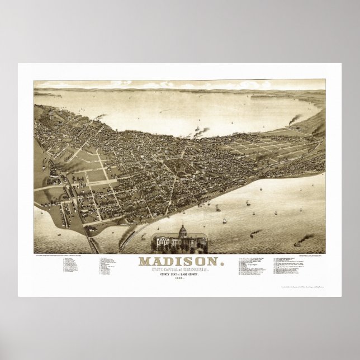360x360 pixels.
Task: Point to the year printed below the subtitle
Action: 180,279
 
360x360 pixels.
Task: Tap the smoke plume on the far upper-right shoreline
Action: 294,120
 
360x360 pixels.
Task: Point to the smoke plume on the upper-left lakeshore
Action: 101,117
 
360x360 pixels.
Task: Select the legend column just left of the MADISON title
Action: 110,266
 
